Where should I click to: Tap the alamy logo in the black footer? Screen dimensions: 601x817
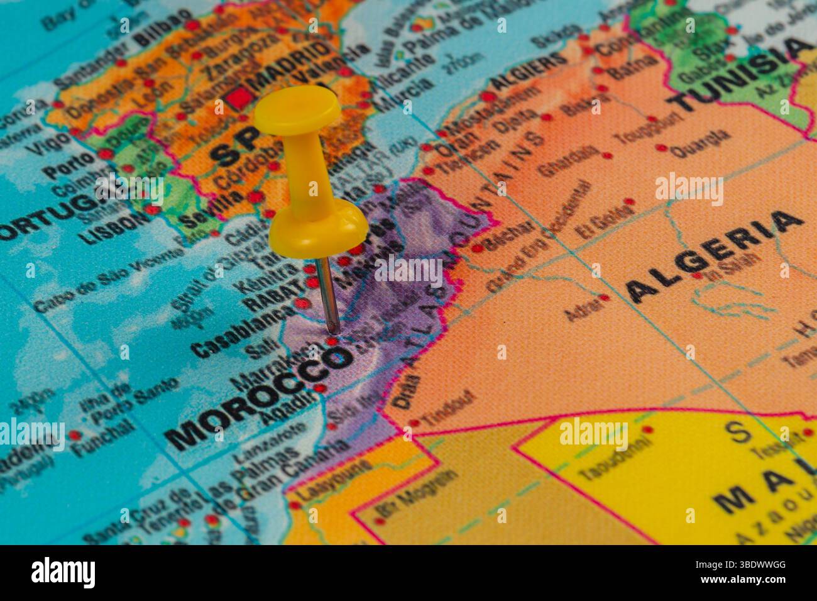click(x=63, y=573)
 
